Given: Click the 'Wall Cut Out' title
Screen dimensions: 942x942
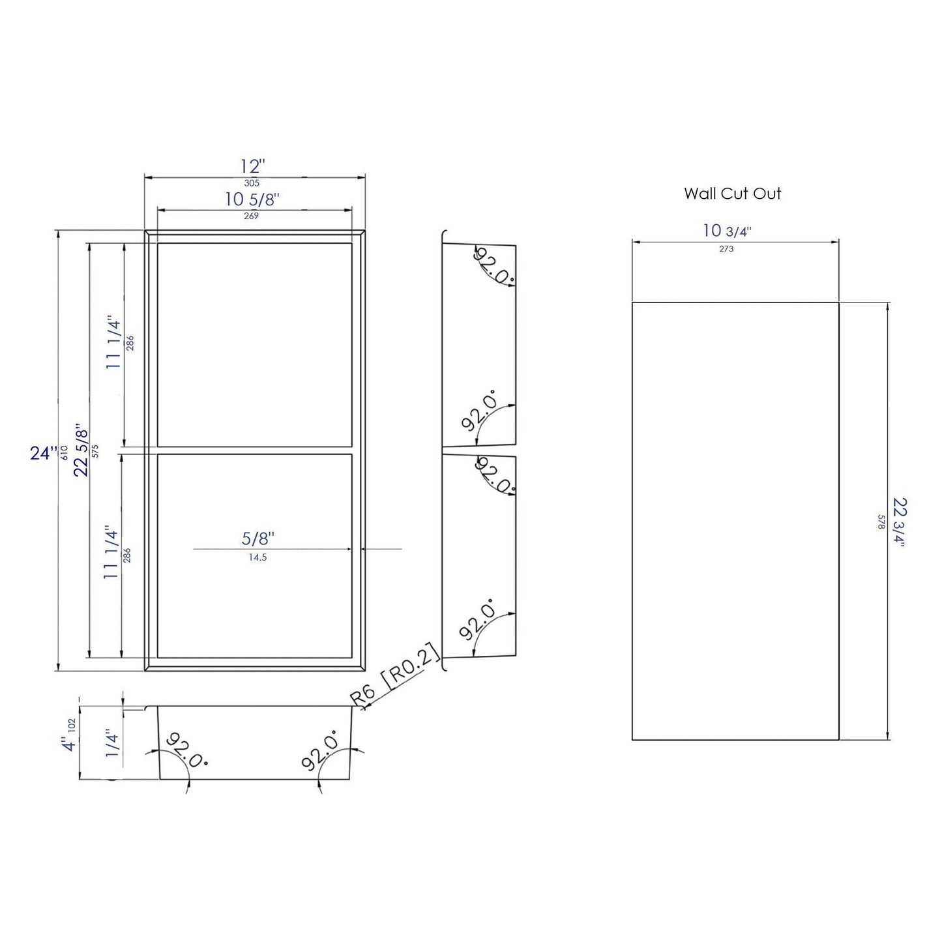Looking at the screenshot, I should pyautogui.click(x=732, y=194).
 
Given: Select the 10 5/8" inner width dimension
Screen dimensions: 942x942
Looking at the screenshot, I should pyautogui.click(x=252, y=199).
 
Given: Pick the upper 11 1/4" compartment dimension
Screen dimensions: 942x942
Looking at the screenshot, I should pyautogui.click(x=115, y=344).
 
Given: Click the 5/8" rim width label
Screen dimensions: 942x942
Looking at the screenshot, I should pyautogui.click(x=258, y=539).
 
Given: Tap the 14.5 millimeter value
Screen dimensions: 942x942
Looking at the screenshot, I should pyautogui.click(x=258, y=557).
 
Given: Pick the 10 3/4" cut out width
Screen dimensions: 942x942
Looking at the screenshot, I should pyautogui.click(x=727, y=231).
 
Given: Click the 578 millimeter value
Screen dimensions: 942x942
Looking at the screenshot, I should pyautogui.click(x=881, y=523).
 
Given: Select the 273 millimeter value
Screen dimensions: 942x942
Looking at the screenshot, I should pyautogui.click(x=726, y=249).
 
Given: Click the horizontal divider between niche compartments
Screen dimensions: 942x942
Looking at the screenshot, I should pyautogui.click(x=255, y=450).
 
